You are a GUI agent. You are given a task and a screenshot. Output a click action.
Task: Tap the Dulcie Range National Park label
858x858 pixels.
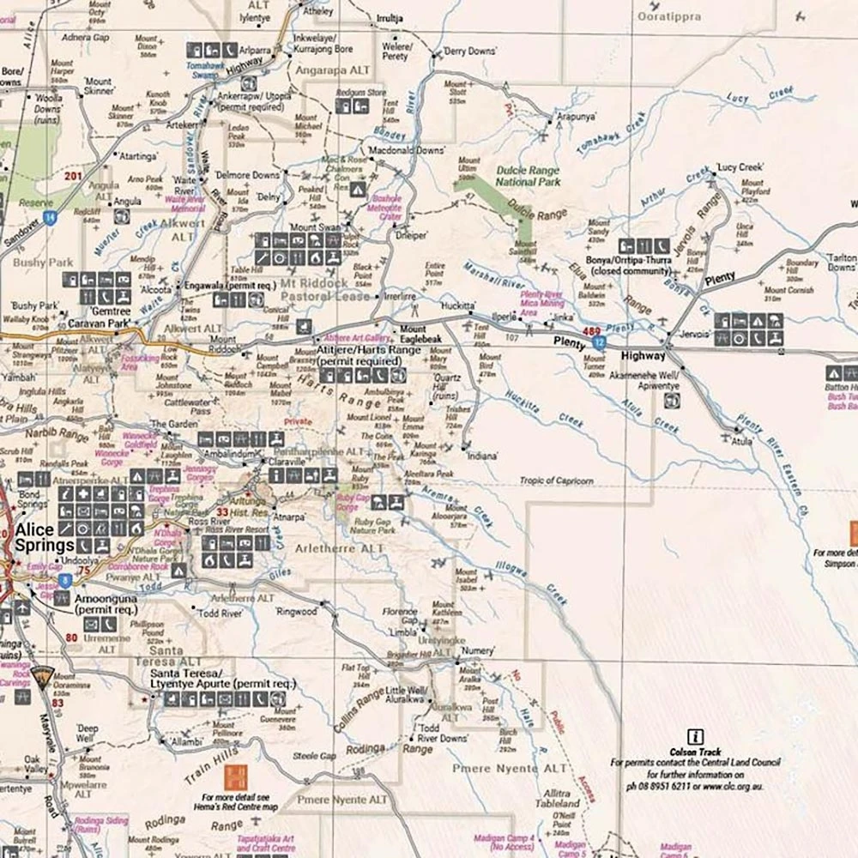[x=527, y=176]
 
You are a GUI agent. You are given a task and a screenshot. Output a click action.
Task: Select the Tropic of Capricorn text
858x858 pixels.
[x=556, y=481]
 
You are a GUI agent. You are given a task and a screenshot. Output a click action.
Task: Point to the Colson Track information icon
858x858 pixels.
[x=696, y=736]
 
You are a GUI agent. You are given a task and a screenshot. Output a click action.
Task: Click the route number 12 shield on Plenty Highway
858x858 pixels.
[x=599, y=342]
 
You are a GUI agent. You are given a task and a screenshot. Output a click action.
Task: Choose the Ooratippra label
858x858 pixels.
[x=670, y=16]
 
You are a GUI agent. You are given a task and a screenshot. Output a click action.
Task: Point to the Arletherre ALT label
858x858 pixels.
[x=347, y=548]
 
